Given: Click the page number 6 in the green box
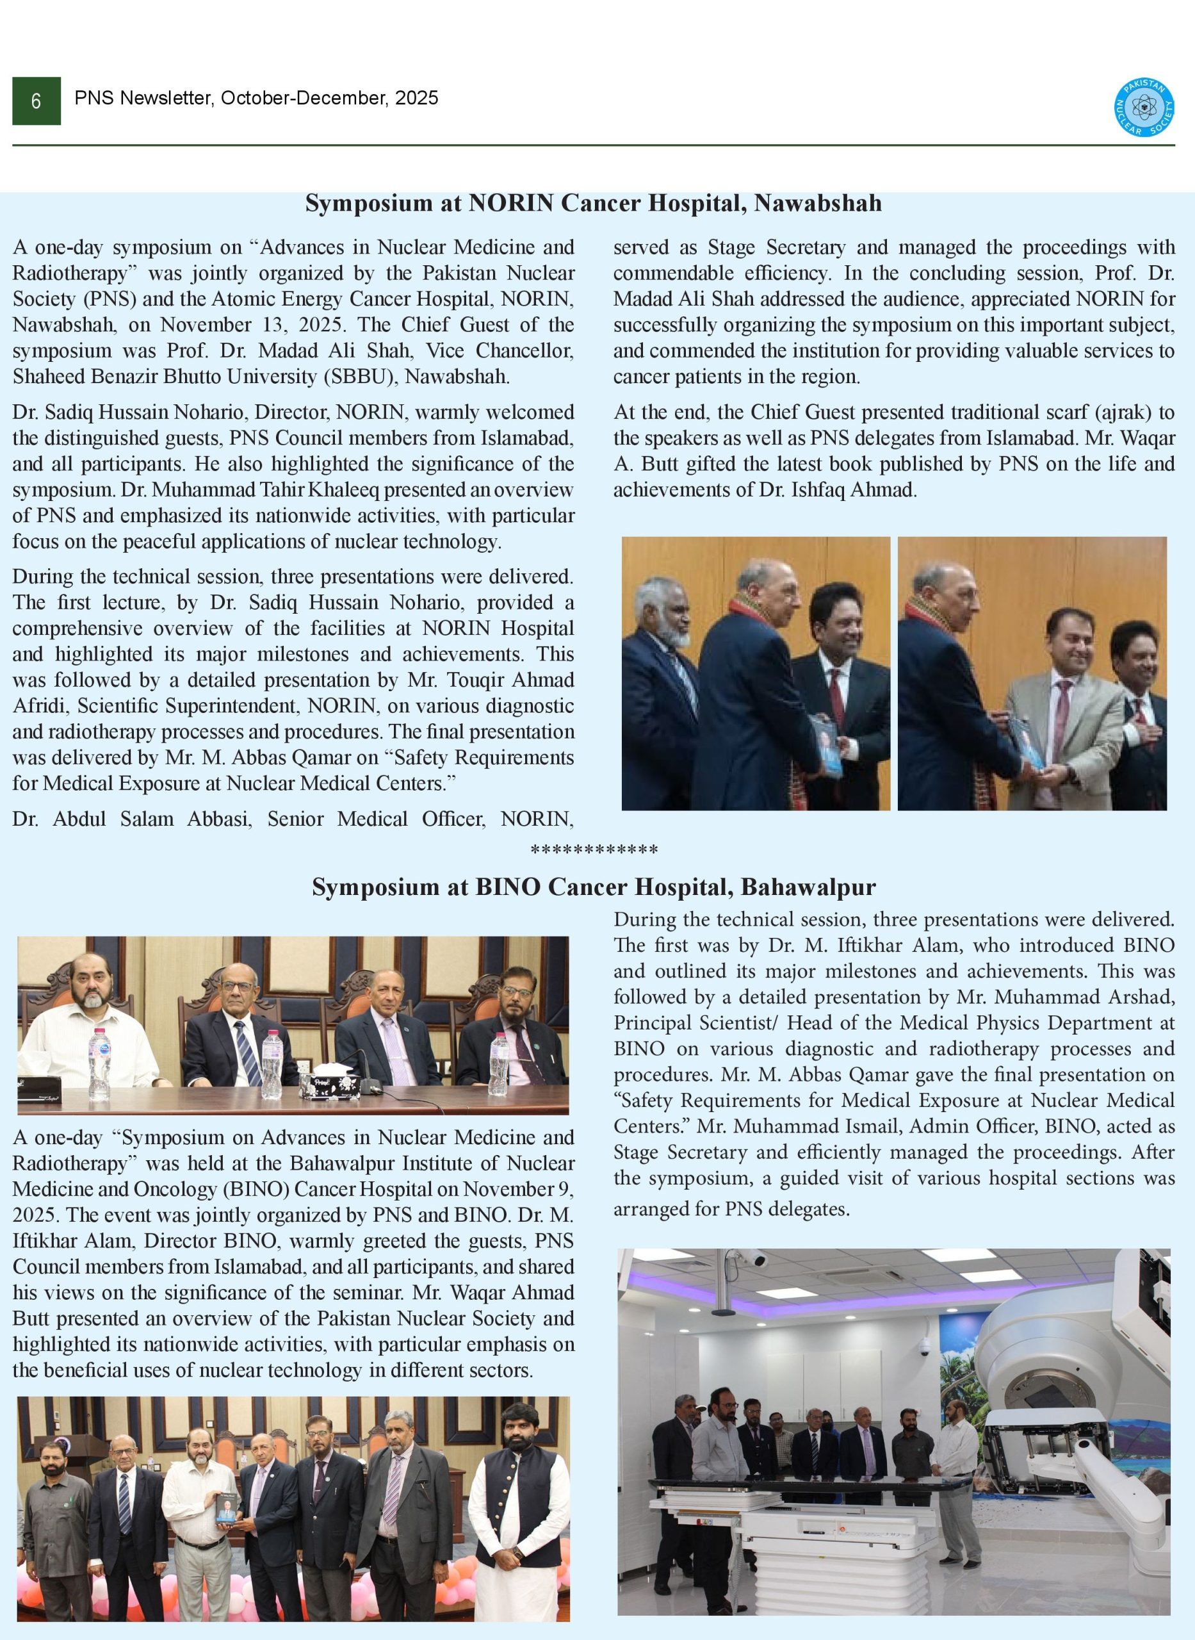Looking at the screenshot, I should pos(36,101).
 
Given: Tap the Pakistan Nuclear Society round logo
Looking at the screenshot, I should pos(1144,108).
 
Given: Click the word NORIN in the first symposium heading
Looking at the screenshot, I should pos(512,203).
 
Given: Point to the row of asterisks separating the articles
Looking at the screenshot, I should pos(594,850).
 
